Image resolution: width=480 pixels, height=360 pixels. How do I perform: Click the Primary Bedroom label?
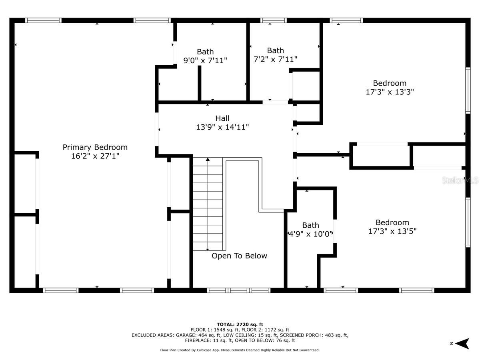click(95, 147)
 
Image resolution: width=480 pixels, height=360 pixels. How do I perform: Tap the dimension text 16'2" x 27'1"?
click(95, 156)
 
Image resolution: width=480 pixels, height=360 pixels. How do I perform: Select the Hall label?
click(222, 118)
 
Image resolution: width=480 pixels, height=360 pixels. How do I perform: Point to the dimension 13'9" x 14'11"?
click(222, 127)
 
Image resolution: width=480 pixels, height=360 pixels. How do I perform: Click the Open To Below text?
click(239, 256)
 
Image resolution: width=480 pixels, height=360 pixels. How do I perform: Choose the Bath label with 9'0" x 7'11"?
click(205, 52)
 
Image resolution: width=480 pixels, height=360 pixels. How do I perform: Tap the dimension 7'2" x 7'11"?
click(275, 59)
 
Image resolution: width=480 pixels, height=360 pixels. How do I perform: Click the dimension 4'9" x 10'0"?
click(310, 234)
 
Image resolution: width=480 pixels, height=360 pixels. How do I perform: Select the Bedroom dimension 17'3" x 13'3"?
click(390, 92)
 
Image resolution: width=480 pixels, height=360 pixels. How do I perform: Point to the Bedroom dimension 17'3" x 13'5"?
click(392, 231)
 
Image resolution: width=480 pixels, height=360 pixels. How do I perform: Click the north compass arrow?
click(462, 344)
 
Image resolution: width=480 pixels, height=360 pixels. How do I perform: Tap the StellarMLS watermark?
click(460, 180)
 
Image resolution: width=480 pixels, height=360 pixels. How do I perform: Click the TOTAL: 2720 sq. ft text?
click(240, 324)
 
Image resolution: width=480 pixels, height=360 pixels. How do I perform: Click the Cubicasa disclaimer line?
click(240, 350)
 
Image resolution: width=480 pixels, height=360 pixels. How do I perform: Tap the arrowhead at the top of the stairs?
click(208, 159)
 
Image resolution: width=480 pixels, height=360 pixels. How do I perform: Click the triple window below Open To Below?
click(238, 290)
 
